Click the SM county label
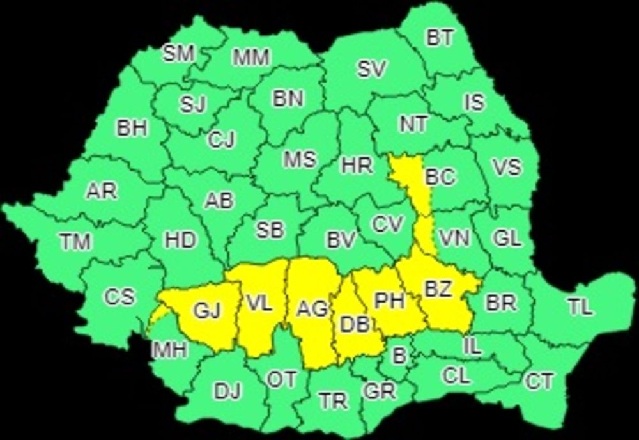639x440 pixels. click(178, 54)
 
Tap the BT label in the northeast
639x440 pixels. click(440, 38)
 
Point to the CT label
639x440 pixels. click(539, 382)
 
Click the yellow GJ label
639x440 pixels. click(207, 311)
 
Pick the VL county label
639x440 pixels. click(259, 304)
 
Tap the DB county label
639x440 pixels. click(355, 325)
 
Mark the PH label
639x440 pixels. click(389, 301)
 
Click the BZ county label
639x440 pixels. click(438, 289)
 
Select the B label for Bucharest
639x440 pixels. click(399, 356)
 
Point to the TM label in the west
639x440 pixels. click(75, 242)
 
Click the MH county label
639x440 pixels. click(169, 350)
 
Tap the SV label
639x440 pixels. click(371, 70)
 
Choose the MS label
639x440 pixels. click(300, 159)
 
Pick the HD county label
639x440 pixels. click(180, 240)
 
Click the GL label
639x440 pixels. click(507, 239)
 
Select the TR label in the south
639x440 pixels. click(334, 401)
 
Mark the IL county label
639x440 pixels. click(472, 347)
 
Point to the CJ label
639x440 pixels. click(221, 139)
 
